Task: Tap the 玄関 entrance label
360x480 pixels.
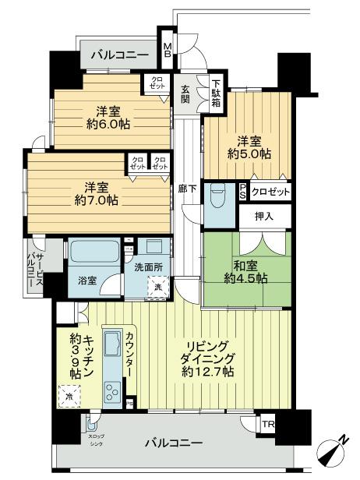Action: pos(186,94)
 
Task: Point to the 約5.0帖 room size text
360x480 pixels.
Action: pos(249,154)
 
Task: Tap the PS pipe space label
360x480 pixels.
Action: pos(243,191)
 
